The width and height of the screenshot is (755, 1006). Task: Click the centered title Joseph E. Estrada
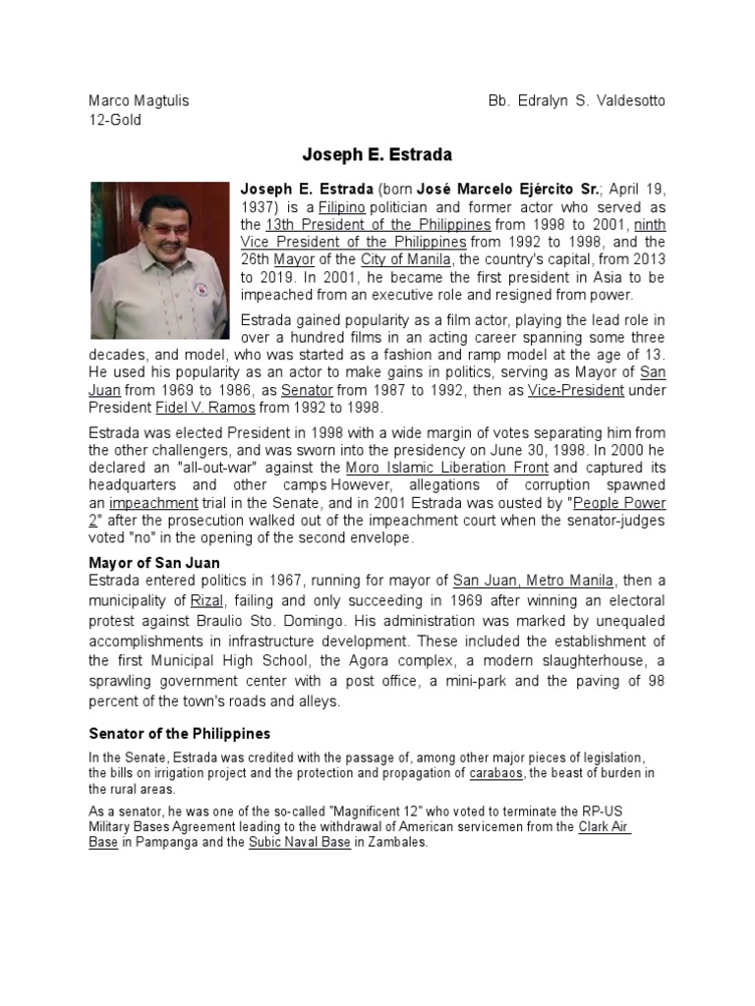tap(377, 155)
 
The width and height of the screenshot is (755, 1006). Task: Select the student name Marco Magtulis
tap(139, 101)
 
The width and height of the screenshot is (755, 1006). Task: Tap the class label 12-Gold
tap(115, 120)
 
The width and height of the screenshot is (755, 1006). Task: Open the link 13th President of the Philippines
tap(377, 224)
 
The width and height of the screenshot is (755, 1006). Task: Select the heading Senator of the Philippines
tap(180, 734)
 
